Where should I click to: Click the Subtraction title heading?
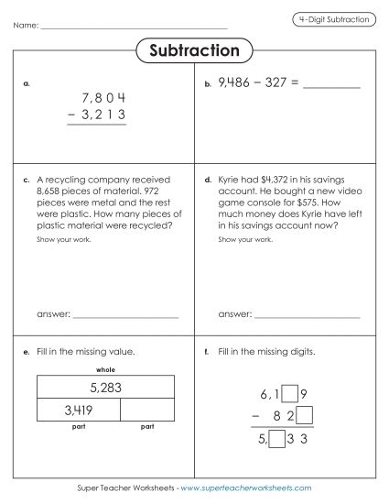[x=194, y=50]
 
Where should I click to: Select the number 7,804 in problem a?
[x=103, y=96]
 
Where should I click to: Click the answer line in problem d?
[x=307, y=316]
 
